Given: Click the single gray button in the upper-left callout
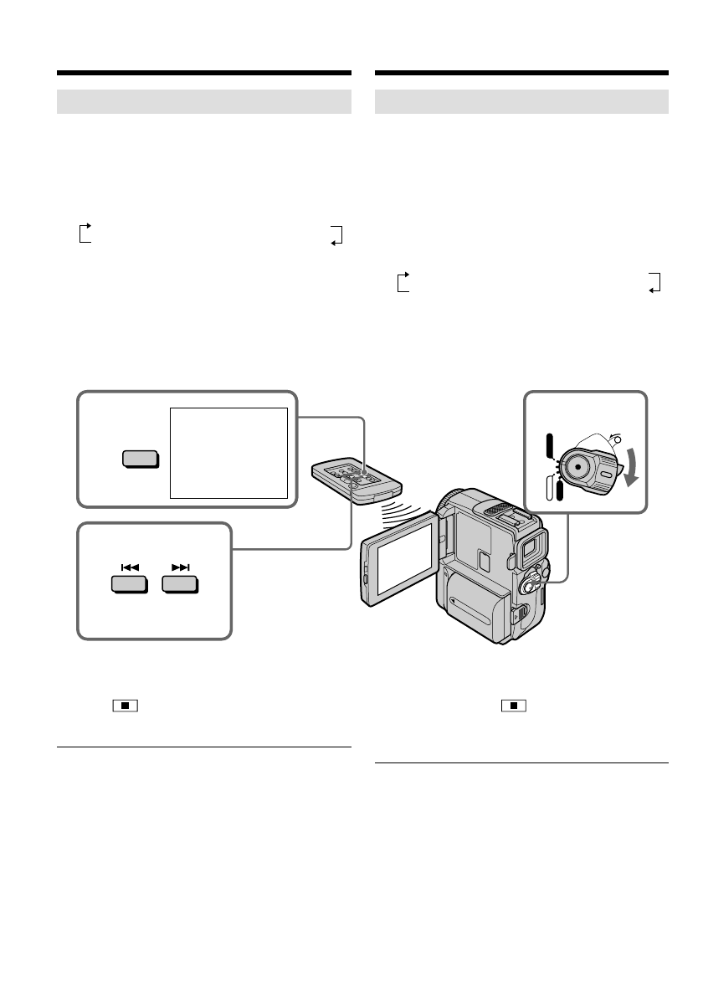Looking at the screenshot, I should click(x=140, y=459).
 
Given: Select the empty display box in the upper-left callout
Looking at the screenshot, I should click(x=228, y=453).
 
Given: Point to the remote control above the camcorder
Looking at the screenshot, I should click(x=357, y=480).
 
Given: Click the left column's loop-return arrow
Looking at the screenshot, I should click(x=337, y=234).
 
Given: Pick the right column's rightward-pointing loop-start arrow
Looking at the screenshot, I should click(x=403, y=280).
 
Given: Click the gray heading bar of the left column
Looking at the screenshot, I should click(x=203, y=101).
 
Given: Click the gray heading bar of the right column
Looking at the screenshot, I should click(x=521, y=101).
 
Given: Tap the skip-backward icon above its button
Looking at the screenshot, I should click(x=129, y=567).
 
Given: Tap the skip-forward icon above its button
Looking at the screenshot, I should click(x=181, y=567).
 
